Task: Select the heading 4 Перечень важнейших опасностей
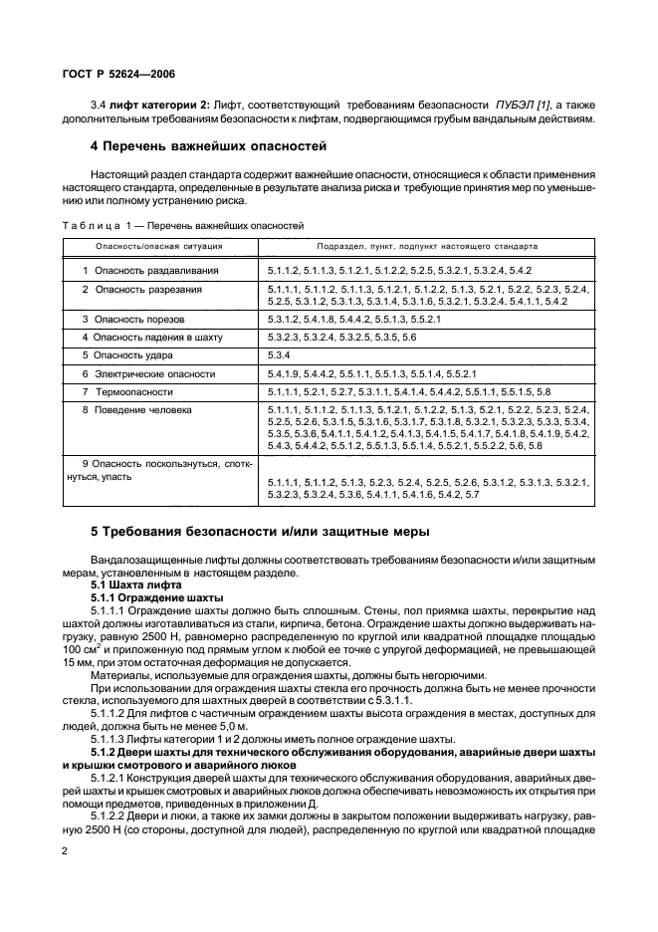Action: coord(209,146)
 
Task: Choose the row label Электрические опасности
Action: coord(148,373)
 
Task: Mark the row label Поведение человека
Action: coord(141,410)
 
